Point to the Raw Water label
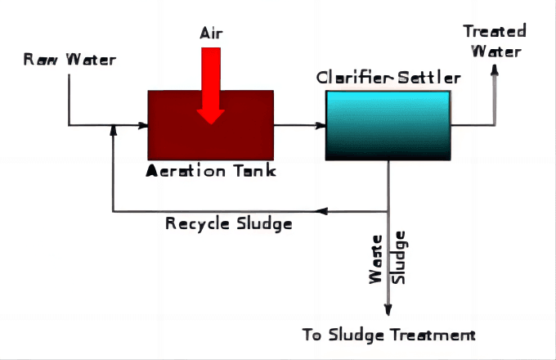(69, 59)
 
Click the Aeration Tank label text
(211, 170)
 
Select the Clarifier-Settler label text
(388, 79)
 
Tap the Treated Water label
(495, 41)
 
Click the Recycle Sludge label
(228, 223)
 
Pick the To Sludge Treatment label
(388, 335)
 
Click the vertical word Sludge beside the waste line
(400, 257)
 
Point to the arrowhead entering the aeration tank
(143, 125)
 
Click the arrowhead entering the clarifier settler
(321, 125)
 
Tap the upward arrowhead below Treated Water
(495, 70)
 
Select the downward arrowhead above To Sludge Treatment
(388, 310)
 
